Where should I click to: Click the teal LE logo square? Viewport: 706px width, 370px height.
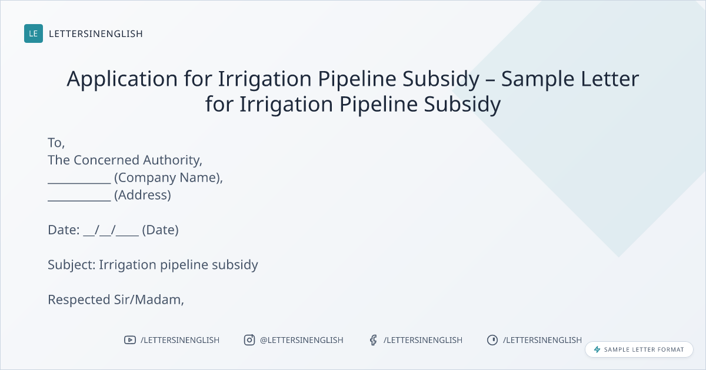pyautogui.click(x=34, y=33)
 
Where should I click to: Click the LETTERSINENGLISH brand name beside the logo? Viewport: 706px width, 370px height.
pyautogui.click(x=96, y=33)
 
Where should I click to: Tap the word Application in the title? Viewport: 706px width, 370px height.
pyautogui.click(x=122, y=79)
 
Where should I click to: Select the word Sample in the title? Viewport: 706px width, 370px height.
pyautogui.click(x=538, y=79)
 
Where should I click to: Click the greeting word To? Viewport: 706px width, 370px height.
pyautogui.click(x=56, y=143)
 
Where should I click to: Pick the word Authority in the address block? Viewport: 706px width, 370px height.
pyautogui.click(x=173, y=160)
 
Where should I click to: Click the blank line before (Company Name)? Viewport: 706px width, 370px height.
pyautogui.click(x=79, y=183)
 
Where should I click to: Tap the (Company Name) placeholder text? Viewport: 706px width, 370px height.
pyautogui.click(x=169, y=178)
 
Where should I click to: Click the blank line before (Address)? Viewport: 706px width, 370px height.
pyautogui.click(x=79, y=200)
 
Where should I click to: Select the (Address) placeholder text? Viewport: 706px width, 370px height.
pyautogui.click(x=143, y=195)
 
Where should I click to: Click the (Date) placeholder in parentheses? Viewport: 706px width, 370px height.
pyautogui.click(x=161, y=230)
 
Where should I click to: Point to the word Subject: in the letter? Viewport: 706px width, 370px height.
pyautogui.click(x=72, y=265)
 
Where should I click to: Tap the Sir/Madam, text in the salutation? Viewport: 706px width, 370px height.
pyautogui.click(x=149, y=300)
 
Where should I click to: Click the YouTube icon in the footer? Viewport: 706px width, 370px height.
pyautogui.click(x=130, y=340)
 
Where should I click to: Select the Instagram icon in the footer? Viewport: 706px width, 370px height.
pyautogui.click(x=249, y=340)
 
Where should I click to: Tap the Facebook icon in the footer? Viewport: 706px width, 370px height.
pyautogui.click(x=373, y=340)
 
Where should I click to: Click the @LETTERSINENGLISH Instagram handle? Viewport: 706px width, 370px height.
pyautogui.click(x=302, y=340)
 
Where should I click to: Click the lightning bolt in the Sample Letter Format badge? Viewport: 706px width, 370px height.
pyautogui.click(x=597, y=349)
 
